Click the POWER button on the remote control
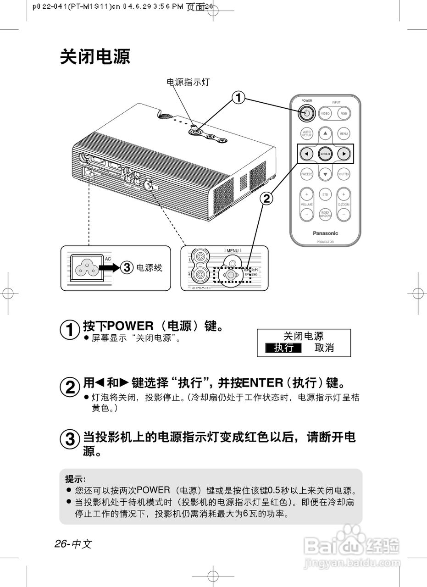coord(307,113)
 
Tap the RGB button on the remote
coord(344,113)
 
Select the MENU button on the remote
coord(344,134)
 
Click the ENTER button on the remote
coord(325,154)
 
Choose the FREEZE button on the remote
coord(307,174)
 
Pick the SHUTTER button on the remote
coord(344,174)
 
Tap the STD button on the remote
coord(325,194)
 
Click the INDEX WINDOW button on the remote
coord(325,214)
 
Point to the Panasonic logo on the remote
coord(325,233)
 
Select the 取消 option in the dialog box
coord(324,348)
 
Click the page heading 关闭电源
coord(95,57)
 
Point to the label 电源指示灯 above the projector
coord(188,82)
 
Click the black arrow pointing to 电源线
coord(109,267)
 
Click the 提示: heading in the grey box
coord(76,479)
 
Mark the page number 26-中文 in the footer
coord(73,544)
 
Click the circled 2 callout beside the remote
coord(266,198)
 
